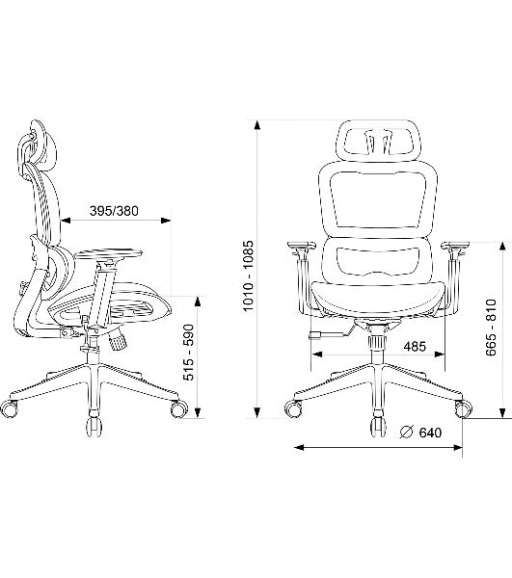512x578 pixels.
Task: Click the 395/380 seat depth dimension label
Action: (x=114, y=211)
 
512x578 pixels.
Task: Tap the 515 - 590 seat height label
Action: (x=188, y=353)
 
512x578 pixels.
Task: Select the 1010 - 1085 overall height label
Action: (x=249, y=276)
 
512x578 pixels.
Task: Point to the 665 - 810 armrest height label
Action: (x=491, y=328)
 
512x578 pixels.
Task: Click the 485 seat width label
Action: (x=415, y=347)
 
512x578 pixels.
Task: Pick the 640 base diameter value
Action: (x=430, y=432)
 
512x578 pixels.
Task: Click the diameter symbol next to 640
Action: (x=407, y=432)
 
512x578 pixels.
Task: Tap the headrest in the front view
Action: (x=378, y=140)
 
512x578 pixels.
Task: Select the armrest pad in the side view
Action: (x=108, y=254)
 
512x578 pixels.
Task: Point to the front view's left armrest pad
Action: (x=302, y=245)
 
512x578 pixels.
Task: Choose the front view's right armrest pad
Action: (x=456, y=245)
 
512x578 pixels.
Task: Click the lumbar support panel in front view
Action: (x=379, y=261)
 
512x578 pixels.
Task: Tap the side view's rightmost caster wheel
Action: (x=179, y=408)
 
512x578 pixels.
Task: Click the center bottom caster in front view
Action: (x=379, y=428)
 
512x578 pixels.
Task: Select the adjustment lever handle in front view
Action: (x=315, y=335)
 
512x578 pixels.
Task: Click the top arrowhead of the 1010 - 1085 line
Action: (x=257, y=125)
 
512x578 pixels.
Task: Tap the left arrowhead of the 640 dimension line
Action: (x=299, y=448)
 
